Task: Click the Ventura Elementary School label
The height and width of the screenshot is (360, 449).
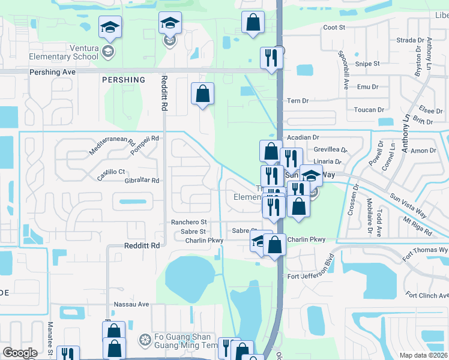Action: pos(64,57)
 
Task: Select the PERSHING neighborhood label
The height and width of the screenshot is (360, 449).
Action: pos(124,80)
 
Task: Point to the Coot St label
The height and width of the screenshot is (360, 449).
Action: pos(334,28)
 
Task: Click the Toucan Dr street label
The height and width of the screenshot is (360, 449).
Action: pos(369,110)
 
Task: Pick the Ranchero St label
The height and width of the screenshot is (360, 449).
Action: pos(188,222)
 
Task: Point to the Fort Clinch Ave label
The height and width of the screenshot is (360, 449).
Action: pos(427,295)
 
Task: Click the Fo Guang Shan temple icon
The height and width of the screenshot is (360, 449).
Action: pos(144,340)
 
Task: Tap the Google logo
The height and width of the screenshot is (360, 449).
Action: pos(20,353)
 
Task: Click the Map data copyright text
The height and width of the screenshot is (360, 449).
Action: pos(424,355)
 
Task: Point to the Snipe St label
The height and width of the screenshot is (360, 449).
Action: pos(368,64)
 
